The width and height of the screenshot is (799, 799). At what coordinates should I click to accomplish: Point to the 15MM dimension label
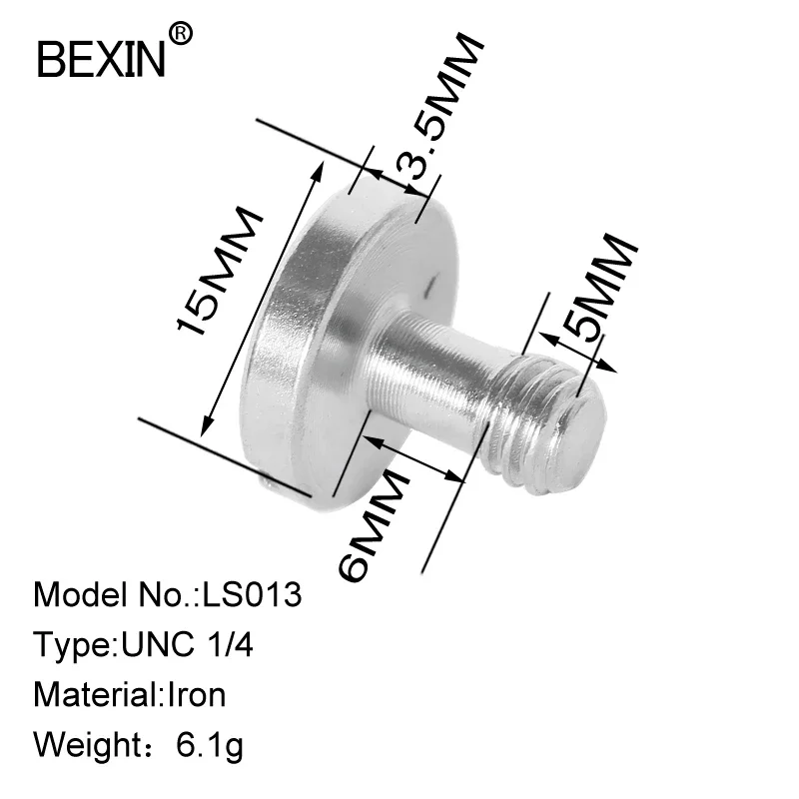[x=218, y=273]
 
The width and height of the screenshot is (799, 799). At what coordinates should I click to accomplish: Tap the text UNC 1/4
[x=187, y=644]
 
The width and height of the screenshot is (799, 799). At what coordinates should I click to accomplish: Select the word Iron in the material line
[x=194, y=693]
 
